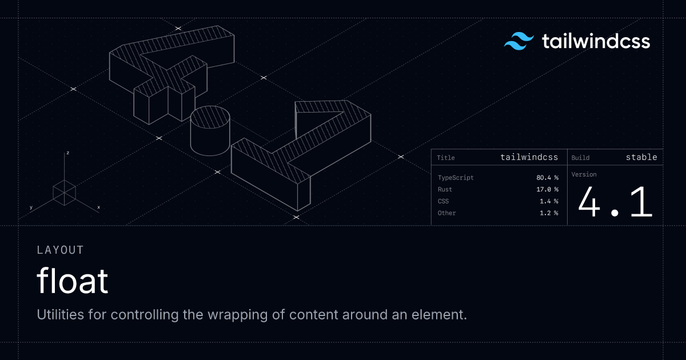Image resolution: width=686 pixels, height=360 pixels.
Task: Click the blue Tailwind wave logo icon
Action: coord(519,41)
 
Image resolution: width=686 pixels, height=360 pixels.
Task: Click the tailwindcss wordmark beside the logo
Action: coord(596,41)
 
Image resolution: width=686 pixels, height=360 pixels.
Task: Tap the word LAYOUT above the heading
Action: coord(60,250)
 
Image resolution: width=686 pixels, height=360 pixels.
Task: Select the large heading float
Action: coord(72,281)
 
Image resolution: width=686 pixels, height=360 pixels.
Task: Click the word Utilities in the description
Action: coord(61,314)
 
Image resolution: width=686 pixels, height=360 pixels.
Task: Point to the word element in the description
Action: coord(439,314)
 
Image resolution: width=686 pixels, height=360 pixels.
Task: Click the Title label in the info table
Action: coord(445,158)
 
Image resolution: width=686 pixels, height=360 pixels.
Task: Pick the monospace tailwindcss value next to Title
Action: coord(529,157)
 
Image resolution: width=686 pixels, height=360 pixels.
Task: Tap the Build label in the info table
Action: coord(580,158)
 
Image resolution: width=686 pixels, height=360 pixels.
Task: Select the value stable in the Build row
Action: coord(641,157)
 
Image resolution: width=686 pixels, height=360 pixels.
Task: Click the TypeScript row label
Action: coord(456,178)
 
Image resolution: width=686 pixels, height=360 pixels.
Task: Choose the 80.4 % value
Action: coord(547,178)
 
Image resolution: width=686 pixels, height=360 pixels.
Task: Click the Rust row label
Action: coord(445,189)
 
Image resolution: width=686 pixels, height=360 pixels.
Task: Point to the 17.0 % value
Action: coord(547,189)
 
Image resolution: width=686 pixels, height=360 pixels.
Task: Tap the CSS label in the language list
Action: coord(443,201)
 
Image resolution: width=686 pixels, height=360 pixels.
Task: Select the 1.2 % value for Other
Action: coord(549,213)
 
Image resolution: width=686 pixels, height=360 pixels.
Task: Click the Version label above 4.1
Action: coord(584,174)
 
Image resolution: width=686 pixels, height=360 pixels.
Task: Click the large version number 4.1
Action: coord(615,202)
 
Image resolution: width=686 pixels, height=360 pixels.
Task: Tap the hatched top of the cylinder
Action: coord(210,117)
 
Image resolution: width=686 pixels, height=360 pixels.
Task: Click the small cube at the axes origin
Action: coord(64,193)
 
